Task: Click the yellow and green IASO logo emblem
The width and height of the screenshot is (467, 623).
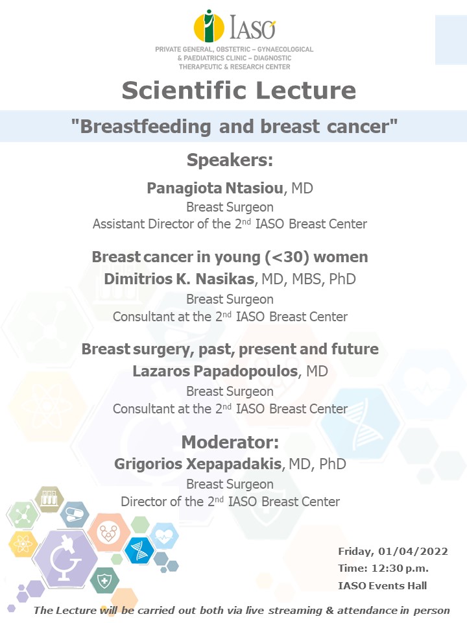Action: click(x=209, y=26)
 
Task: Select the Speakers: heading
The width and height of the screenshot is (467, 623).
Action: click(x=230, y=160)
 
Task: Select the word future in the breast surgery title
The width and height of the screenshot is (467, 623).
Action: click(x=355, y=349)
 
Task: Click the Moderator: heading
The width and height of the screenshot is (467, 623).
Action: click(x=230, y=442)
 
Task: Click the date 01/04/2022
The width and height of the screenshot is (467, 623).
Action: click(x=413, y=552)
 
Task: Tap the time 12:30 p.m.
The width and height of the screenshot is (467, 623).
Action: click(x=400, y=568)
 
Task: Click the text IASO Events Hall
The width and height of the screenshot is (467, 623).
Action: click(x=383, y=585)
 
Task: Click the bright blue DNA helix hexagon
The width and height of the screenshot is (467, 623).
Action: click(x=139, y=551)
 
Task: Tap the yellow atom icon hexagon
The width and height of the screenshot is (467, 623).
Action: click(x=23, y=544)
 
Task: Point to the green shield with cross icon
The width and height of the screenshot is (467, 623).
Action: click(x=104, y=581)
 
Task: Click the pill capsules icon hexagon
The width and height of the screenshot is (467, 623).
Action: click(x=74, y=515)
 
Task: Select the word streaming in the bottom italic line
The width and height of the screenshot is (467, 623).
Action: click(x=295, y=611)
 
